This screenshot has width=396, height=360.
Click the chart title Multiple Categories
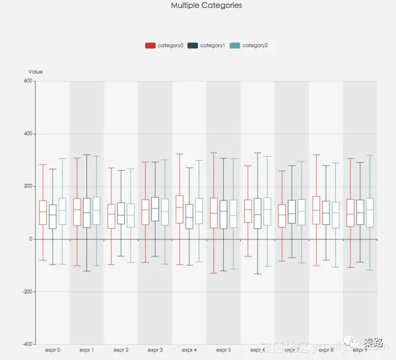point(206,5)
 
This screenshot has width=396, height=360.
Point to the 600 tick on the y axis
point(28,81)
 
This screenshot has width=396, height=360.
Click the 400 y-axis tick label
point(28,134)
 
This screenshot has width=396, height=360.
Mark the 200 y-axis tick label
point(28,186)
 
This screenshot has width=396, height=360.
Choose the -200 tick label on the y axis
point(27,291)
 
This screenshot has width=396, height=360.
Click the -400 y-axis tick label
point(27,344)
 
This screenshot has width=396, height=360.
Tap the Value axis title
point(36,72)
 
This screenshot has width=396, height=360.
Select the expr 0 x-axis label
point(53,350)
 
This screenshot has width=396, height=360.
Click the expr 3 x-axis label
point(155,350)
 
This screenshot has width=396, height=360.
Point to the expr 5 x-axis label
point(224,350)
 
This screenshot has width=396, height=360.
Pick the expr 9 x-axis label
point(360,350)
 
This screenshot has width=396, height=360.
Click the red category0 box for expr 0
point(43,212)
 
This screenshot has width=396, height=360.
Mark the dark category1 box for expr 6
point(257,213)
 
